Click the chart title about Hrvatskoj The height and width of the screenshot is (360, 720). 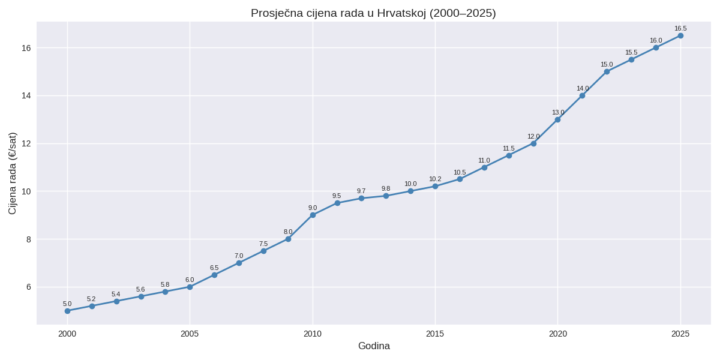(x=373, y=13)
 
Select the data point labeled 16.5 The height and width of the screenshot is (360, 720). (x=680, y=35)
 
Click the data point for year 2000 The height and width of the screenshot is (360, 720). (x=67, y=311)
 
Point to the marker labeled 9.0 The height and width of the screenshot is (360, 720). (x=313, y=215)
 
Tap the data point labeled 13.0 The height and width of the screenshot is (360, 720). (x=557, y=119)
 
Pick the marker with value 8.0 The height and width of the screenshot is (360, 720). (x=288, y=239)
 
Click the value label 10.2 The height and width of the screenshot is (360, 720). (x=435, y=179)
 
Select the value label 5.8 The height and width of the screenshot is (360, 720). (x=165, y=284)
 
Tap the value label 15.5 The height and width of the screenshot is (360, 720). (x=631, y=52)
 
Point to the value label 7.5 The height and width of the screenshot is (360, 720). (x=263, y=244)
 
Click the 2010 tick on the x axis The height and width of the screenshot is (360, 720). (x=313, y=334)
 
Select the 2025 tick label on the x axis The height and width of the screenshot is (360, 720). (x=680, y=334)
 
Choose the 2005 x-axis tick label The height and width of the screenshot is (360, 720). (x=190, y=334)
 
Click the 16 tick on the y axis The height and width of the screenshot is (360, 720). (x=26, y=47)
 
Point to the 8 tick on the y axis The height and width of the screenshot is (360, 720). (x=28, y=239)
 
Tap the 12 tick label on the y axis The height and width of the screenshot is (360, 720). (x=26, y=143)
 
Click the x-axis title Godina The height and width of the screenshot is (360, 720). (x=374, y=346)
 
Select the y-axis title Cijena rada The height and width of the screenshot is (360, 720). (x=13, y=173)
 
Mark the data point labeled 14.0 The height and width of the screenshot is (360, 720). (x=582, y=95)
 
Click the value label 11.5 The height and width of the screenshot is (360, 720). (x=509, y=148)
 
